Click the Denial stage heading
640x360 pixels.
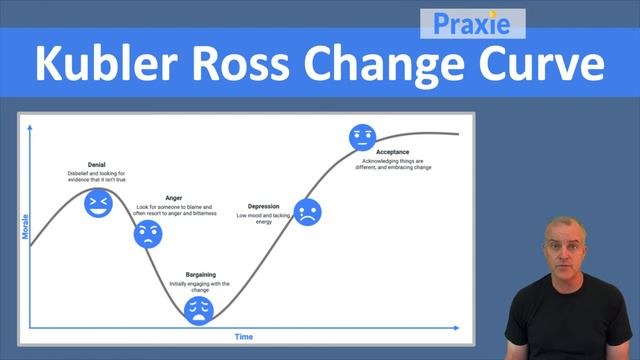[97, 164]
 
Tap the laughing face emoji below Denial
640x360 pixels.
[97, 203]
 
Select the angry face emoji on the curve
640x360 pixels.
[148, 235]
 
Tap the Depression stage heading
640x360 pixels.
[263, 206]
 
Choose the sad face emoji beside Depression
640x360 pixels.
[308, 211]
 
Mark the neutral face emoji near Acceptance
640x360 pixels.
[361, 137]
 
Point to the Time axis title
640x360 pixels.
[244, 337]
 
